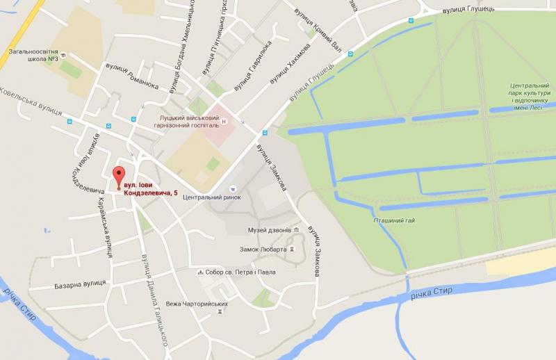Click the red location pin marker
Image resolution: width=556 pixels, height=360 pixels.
click(118, 175)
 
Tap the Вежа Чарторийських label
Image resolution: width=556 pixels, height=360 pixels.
click(197, 304)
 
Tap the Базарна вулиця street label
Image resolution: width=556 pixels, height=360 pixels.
click(80, 284)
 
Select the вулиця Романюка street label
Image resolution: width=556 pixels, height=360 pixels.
click(131, 77)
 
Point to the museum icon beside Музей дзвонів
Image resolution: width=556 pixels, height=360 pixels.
click(297, 230)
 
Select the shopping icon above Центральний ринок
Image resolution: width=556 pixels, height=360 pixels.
click(233, 186)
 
